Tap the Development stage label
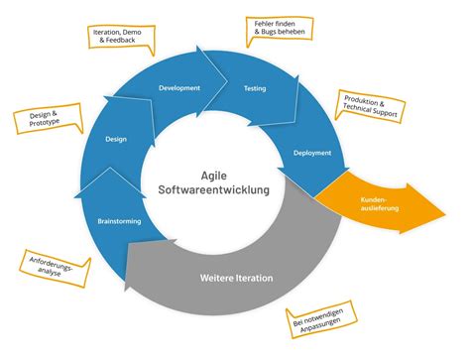[x=179, y=88]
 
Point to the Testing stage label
[x=255, y=88]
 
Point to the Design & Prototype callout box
[x=42, y=122]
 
